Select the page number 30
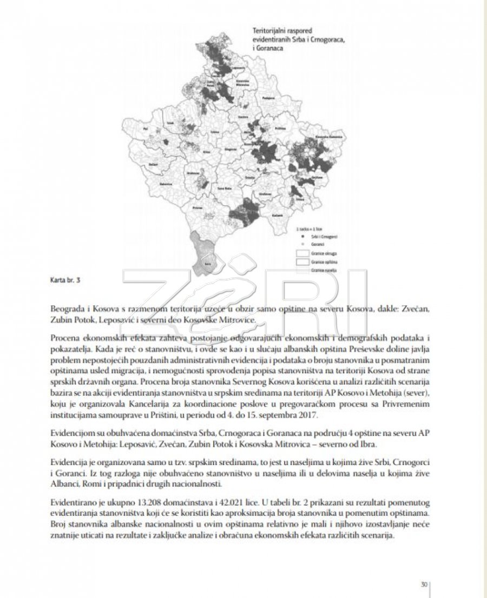coord(424,584)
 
